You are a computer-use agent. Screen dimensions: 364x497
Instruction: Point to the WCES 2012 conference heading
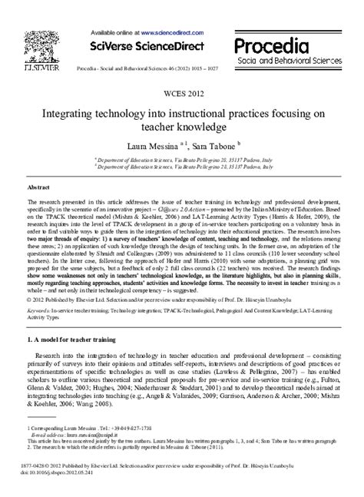[x=181, y=94]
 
